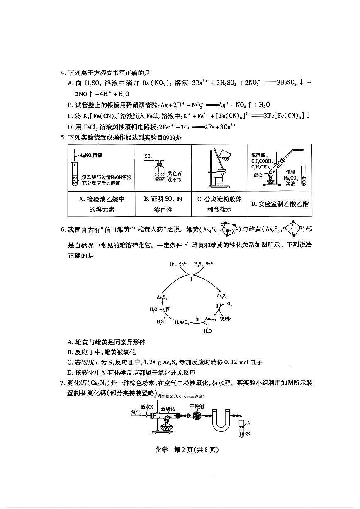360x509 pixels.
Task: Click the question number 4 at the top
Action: point(63,73)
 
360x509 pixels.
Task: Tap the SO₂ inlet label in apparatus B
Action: point(148,156)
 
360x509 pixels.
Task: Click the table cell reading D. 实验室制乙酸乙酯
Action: point(280,204)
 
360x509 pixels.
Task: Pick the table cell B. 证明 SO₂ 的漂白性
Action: point(163,204)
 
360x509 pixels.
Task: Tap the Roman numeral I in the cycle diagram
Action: point(191,279)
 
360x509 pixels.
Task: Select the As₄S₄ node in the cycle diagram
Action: point(221,296)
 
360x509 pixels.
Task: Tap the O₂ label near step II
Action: point(229,304)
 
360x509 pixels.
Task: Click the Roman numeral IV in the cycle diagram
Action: point(168,309)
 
